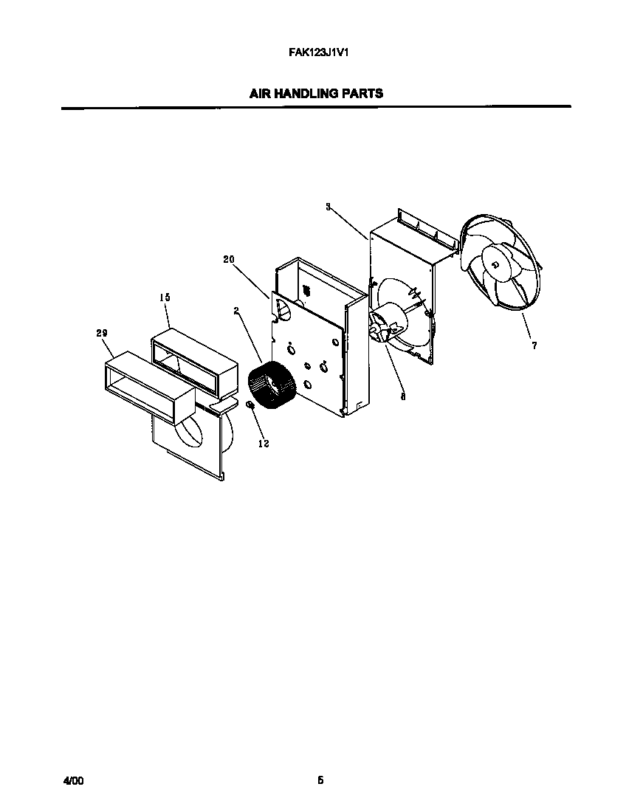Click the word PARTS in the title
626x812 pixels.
(362, 94)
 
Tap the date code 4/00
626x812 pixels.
(72, 780)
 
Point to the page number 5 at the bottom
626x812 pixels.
(320, 780)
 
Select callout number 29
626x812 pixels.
(102, 334)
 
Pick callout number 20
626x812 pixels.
(228, 258)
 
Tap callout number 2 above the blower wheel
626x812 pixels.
(236, 311)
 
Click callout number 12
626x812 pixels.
(264, 443)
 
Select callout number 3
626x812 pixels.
(328, 207)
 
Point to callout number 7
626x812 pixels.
(534, 345)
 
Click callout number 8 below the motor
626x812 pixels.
(402, 395)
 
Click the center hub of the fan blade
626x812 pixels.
(493, 265)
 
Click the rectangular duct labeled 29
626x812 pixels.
(144, 388)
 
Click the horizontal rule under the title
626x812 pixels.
(315, 108)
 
